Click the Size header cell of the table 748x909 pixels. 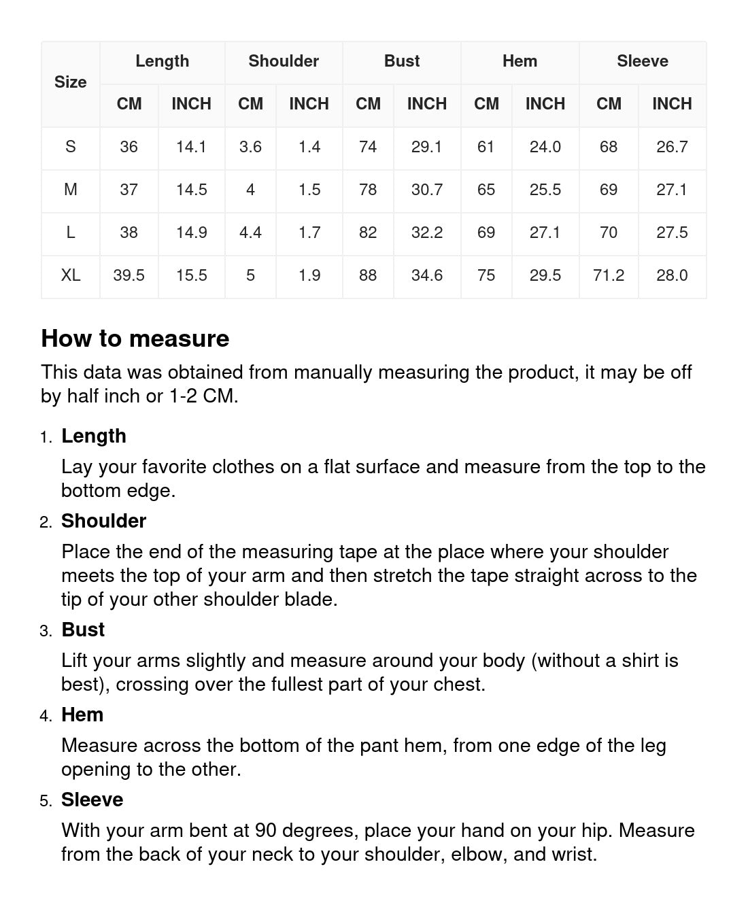click(x=70, y=82)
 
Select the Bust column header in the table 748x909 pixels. click(x=402, y=61)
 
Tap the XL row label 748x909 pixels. click(x=70, y=275)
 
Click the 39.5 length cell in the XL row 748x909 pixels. click(x=129, y=275)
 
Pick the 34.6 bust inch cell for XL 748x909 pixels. click(x=427, y=275)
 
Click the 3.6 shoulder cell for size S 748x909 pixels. click(x=250, y=147)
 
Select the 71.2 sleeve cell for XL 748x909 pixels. click(x=608, y=275)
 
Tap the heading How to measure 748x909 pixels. click(x=135, y=339)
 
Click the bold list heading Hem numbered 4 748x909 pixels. click(x=82, y=715)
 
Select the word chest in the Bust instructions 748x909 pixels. click(x=459, y=685)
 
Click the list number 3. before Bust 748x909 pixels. click(x=46, y=631)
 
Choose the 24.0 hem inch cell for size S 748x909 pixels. click(x=545, y=147)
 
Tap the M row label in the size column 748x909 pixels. click(x=70, y=190)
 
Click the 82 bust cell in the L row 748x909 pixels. click(x=368, y=233)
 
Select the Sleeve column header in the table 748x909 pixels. click(x=642, y=61)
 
